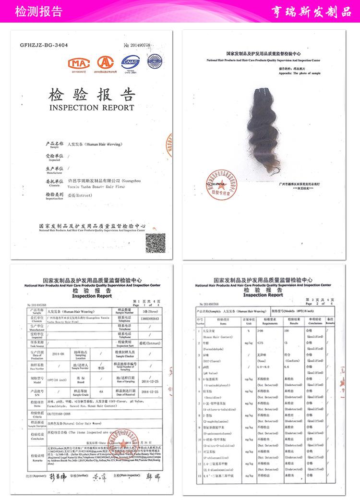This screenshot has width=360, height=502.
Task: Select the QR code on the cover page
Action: [155, 243]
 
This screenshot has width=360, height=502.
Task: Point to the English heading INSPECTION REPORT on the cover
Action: [92, 108]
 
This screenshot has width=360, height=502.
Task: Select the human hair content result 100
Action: [288, 331]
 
